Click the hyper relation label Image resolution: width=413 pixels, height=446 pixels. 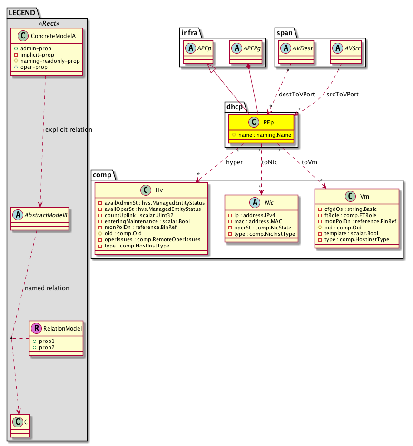click(234, 162)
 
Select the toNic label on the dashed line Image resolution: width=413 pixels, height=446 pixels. click(270, 162)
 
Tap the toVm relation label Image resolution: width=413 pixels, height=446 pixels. click(309, 162)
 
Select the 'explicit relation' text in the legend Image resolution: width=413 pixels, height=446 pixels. click(68, 129)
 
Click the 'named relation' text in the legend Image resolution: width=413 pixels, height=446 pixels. click(47, 288)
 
